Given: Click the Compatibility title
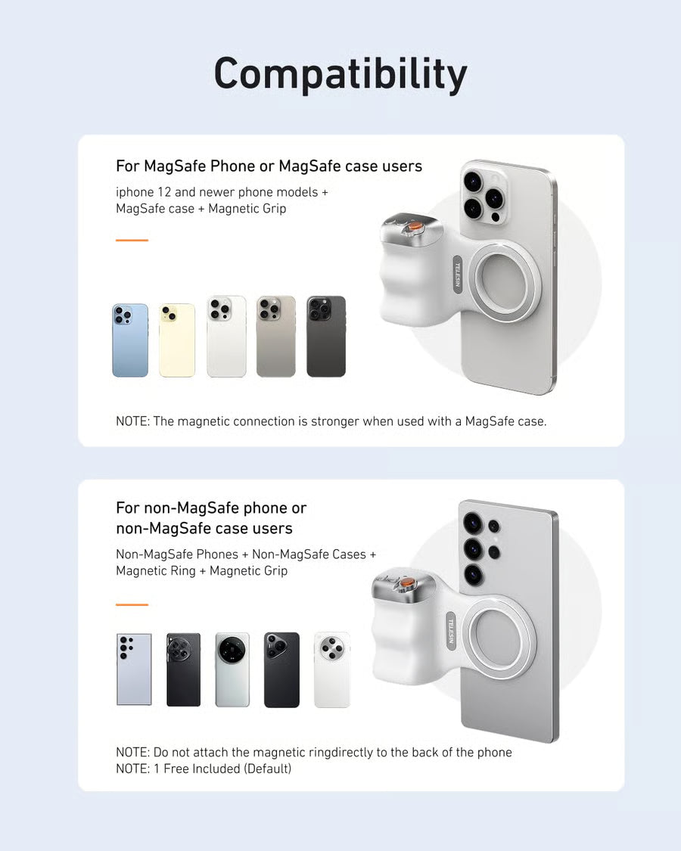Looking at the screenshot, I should [340, 75].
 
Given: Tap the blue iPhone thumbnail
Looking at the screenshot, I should [130, 340].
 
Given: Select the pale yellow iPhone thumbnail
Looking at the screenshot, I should [176, 340].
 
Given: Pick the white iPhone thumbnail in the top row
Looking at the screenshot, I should [226, 337].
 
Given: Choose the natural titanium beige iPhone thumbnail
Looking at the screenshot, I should [275, 337].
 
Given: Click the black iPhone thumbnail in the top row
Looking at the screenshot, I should [326, 337].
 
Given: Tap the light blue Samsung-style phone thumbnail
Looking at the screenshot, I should [134, 669].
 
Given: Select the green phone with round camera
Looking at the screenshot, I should [232, 669].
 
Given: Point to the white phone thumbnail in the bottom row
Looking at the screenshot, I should [332, 669].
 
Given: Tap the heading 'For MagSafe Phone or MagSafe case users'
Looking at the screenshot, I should [269, 166].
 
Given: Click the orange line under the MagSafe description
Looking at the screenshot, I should [132, 241].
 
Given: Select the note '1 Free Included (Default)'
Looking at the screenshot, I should [204, 769].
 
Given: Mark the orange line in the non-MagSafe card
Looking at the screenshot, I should [132, 604].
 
